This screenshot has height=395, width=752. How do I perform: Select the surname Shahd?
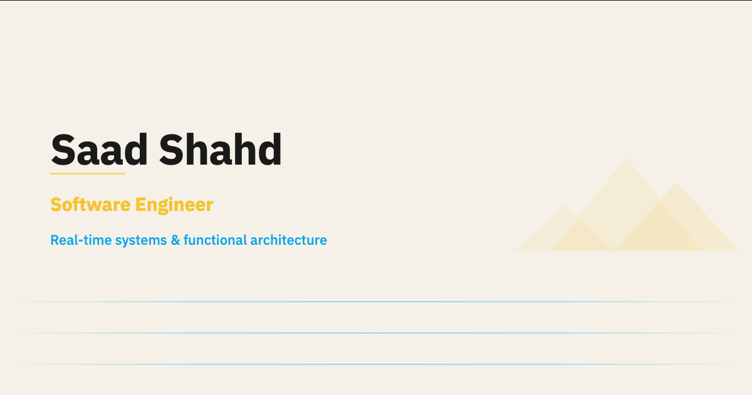click(221, 150)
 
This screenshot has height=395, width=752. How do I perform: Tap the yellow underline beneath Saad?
click(88, 173)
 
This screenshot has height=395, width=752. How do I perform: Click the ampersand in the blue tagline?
click(175, 240)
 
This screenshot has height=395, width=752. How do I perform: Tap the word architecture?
click(289, 240)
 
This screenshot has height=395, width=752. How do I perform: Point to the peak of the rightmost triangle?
click(676, 183)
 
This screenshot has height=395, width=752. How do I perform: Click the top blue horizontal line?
click(376, 302)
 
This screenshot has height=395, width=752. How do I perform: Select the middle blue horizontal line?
click(376, 333)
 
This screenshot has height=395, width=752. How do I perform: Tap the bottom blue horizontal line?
click(376, 364)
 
